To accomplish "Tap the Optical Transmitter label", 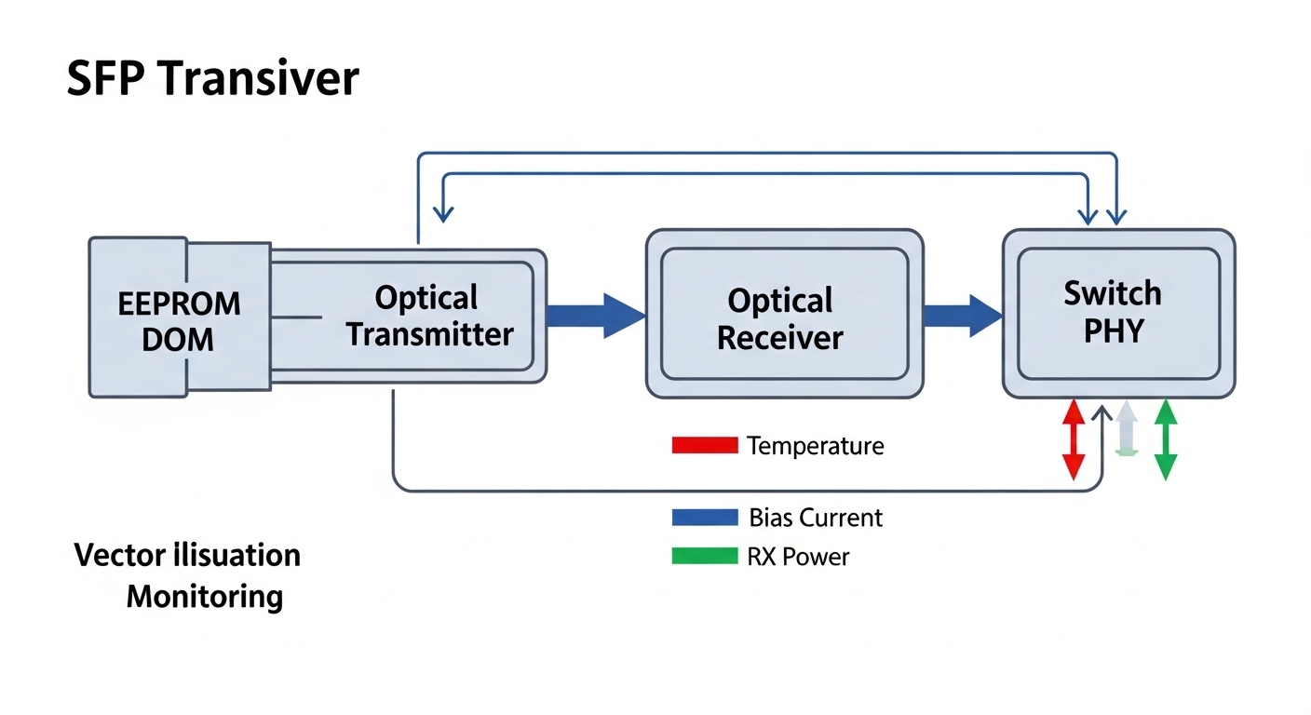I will pos(429,317).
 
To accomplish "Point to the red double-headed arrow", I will pos(1074,439).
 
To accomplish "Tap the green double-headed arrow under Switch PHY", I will pos(1165,439).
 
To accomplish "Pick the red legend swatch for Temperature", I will pos(704,446).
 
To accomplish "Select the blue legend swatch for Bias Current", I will pos(704,518).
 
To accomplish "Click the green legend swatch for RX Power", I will pos(704,557).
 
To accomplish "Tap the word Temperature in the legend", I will pos(815,446).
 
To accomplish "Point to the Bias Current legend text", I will pos(815,518).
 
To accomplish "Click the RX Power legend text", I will pos(798,557).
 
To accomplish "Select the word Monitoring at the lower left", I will pos(204,596).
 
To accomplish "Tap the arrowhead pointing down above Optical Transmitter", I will pos(444,213).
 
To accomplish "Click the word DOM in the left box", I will pos(178,339).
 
